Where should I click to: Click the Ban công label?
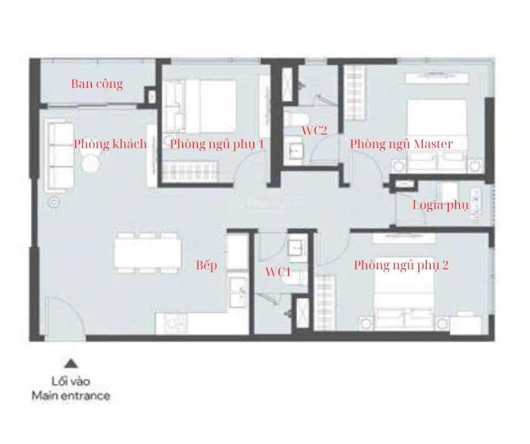97,84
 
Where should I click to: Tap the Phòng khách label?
111,144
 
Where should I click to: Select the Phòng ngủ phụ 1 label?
217,144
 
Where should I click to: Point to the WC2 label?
315,130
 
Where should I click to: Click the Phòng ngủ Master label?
401,144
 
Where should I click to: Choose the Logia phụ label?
440,205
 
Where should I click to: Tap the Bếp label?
206,265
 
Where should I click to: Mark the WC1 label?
278,272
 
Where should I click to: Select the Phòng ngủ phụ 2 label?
401,265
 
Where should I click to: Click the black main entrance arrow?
71,363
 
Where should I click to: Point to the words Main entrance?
71,396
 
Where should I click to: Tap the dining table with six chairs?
147,253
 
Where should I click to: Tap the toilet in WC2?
297,119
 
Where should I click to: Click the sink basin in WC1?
298,250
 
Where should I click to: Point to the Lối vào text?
71,381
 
